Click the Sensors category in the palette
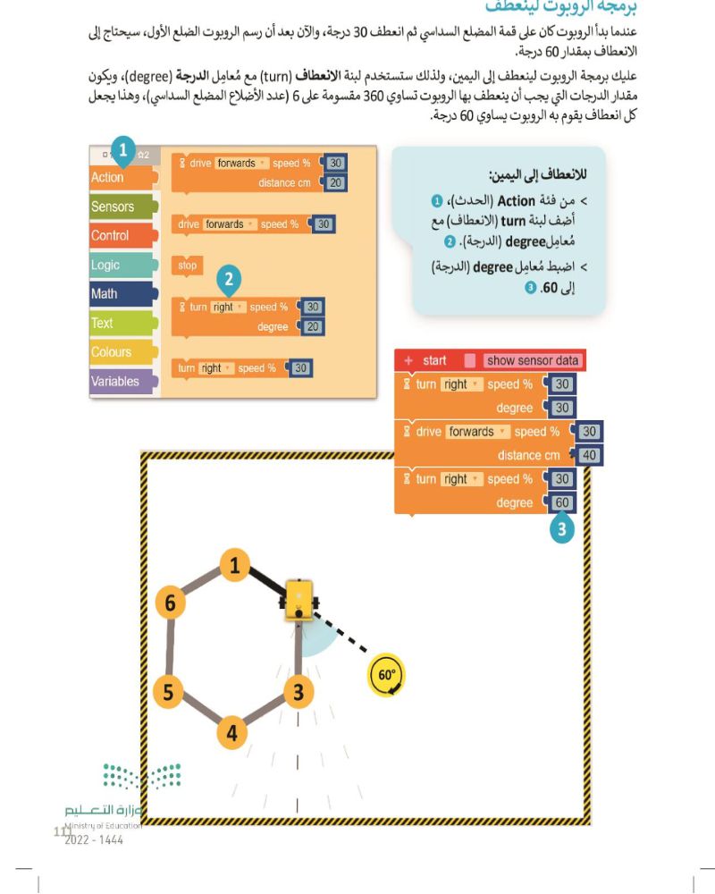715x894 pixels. pyautogui.click(x=113, y=207)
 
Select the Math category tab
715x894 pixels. pyautogui.click(x=105, y=293)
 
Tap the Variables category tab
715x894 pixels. pyautogui.click(x=115, y=381)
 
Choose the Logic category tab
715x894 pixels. pyautogui.click(x=105, y=265)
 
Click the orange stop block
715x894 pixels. pyautogui.click(x=188, y=266)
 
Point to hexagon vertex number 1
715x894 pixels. pyautogui.click(x=234, y=565)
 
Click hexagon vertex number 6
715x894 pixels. pyautogui.click(x=170, y=603)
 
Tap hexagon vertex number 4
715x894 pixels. pyautogui.click(x=232, y=733)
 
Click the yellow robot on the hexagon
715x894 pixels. pyautogui.click(x=298, y=600)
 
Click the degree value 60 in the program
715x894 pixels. pyautogui.click(x=562, y=502)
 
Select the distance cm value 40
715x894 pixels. pyautogui.click(x=588, y=455)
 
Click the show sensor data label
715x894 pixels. pyautogui.click(x=534, y=360)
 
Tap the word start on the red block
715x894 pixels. pyautogui.click(x=434, y=360)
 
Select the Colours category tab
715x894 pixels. pyautogui.click(x=111, y=351)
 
